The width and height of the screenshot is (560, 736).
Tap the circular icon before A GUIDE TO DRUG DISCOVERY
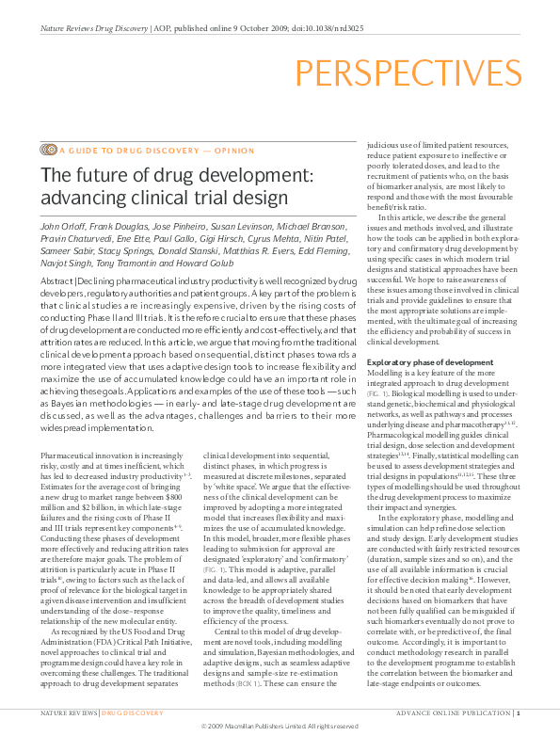48,149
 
